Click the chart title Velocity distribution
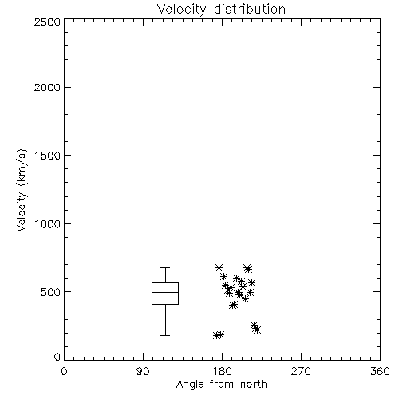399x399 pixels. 221,10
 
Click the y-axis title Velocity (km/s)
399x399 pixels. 22,190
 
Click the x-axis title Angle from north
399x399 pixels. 221,385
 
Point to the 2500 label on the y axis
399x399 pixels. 47,22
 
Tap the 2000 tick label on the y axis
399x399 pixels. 47,87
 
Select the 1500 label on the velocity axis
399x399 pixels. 48,156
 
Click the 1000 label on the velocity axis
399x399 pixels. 48,223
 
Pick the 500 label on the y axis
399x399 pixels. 51,292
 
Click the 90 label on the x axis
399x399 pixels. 143,371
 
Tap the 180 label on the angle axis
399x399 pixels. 222,371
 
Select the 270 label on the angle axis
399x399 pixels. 301,371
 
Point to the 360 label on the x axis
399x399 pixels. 380,371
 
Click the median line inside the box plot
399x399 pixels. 165,292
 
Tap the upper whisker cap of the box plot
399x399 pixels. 165,267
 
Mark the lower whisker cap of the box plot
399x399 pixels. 165,335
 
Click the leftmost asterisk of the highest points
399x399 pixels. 219,267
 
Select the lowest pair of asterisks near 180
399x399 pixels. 219,335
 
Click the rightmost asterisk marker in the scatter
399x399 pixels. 257,330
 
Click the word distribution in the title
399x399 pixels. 250,10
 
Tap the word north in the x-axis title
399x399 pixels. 254,385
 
